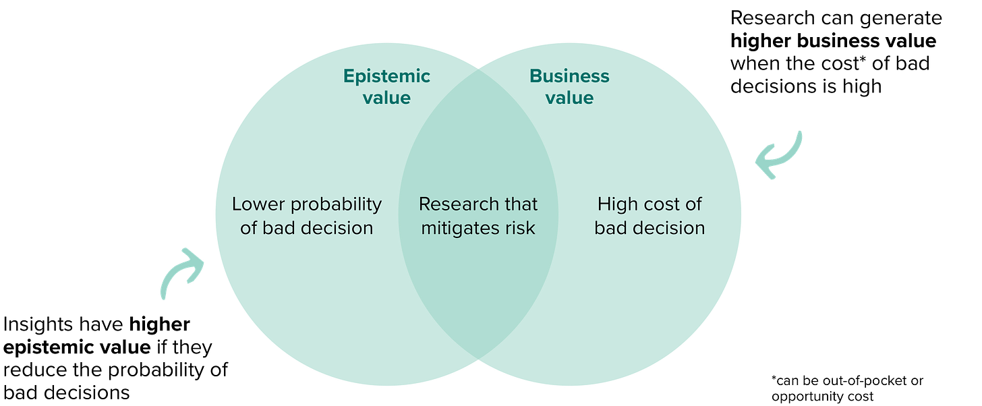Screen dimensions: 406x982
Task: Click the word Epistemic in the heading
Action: click(386, 76)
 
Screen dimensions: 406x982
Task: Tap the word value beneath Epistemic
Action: click(386, 98)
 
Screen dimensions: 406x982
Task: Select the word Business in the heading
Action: click(569, 76)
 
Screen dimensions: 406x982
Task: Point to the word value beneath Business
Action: click(569, 98)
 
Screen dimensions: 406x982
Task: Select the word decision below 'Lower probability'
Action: click(337, 228)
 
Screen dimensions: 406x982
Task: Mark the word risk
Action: click(521, 228)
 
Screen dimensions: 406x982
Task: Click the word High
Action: click(616, 204)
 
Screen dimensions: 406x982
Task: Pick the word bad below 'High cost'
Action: click(611, 228)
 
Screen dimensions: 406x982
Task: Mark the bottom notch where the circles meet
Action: click(478, 364)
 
